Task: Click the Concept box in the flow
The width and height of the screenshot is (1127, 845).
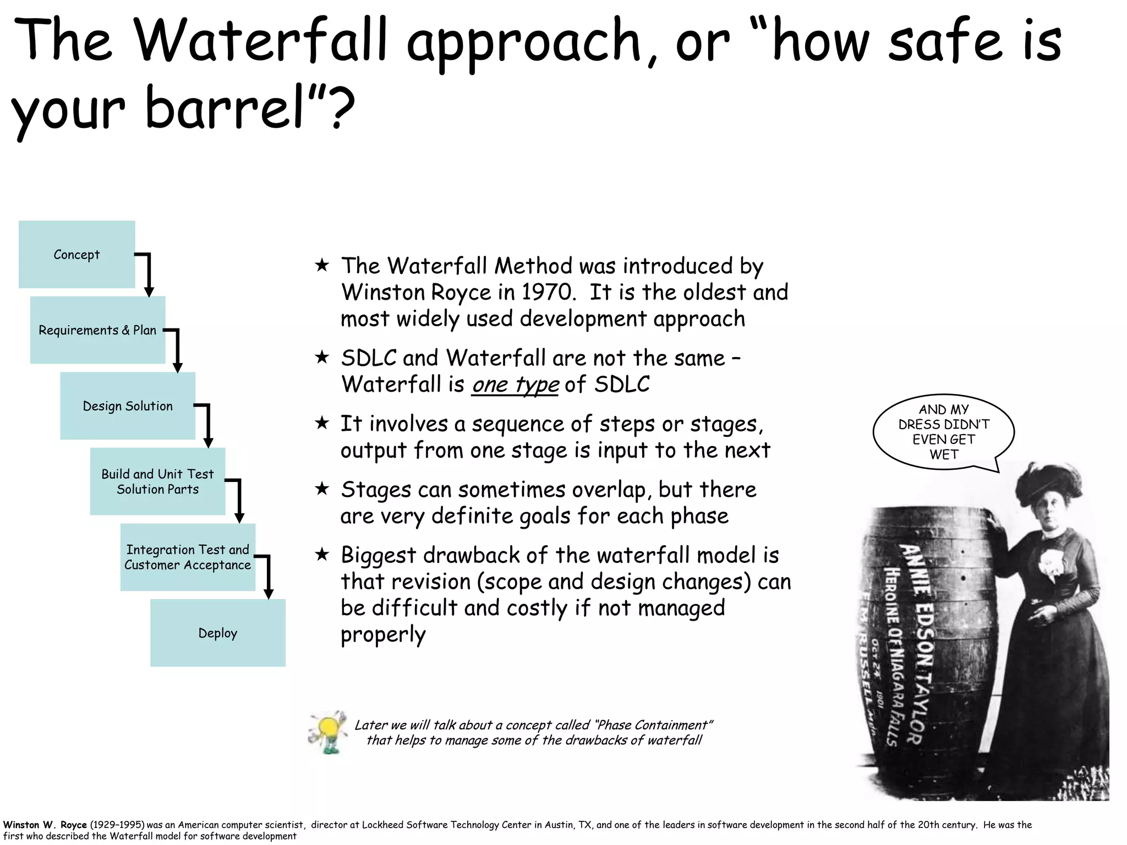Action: click(x=76, y=255)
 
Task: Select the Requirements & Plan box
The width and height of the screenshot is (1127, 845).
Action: click(x=97, y=330)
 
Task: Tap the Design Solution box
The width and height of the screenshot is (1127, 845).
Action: click(x=128, y=406)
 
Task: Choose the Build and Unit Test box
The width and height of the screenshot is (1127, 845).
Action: click(x=157, y=481)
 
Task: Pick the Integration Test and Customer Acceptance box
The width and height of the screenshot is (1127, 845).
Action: click(x=188, y=557)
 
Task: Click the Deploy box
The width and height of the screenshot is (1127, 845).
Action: click(x=218, y=633)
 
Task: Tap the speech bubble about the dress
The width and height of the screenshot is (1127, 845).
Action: click(x=943, y=432)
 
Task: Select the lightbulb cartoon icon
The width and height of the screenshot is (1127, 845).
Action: click(x=328, y=732)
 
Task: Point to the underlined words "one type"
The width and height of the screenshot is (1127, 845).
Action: click(x=515, y=384)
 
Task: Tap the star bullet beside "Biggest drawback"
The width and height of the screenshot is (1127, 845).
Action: click(x=322, y=555)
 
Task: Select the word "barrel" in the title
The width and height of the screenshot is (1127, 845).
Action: click(x=226, y=107)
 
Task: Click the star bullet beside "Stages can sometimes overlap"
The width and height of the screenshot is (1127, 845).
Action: click(x=322, y=489)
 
